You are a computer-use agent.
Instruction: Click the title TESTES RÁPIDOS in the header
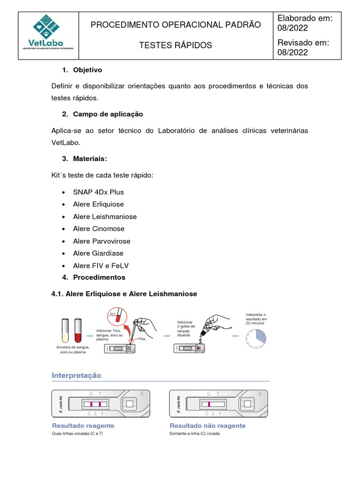pyautogui.click(x=175, y=45)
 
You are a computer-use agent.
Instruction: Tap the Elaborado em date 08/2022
pyautogui.click(x=293, y=28)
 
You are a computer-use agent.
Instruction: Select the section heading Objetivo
pyautogui.click(x=87, y=70)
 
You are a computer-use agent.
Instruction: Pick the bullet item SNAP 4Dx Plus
pyautogui.click(x=98, y=192)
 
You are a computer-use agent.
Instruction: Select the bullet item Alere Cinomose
pyautogui.click(x=99, y=229)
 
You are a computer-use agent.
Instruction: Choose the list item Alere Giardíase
pyautogui.click(x=98, y=253)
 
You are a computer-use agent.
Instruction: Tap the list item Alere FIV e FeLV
pyautogui.click(x=101, y=265)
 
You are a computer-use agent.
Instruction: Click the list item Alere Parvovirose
pyautogui.click(x=102, y=241)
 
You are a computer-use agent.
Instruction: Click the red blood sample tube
pyautogui.click(x=78, y=330)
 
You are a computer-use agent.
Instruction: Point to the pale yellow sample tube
pyautogui.click(x=65, y=330)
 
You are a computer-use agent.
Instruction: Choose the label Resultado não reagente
pyautogui.click(x=207, y=426)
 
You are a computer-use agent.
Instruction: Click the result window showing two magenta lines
pyautogui.click(x=95, y=404)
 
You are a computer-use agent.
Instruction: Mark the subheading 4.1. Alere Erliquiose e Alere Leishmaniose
pyautogui.click(x=124, y=294)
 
